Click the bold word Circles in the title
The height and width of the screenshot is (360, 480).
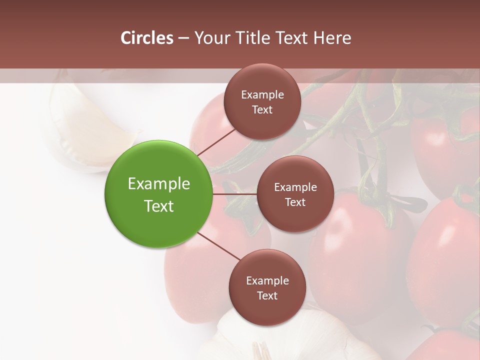146,38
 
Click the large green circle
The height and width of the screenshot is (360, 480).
158,194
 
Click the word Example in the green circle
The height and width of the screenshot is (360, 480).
158,184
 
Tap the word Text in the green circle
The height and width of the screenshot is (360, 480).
158,206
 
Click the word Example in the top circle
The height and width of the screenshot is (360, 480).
262,94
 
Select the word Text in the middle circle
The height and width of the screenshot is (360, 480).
295,202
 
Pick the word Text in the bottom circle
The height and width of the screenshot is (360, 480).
267,295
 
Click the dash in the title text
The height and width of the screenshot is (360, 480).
183,38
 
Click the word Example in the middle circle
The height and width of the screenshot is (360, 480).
295,187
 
